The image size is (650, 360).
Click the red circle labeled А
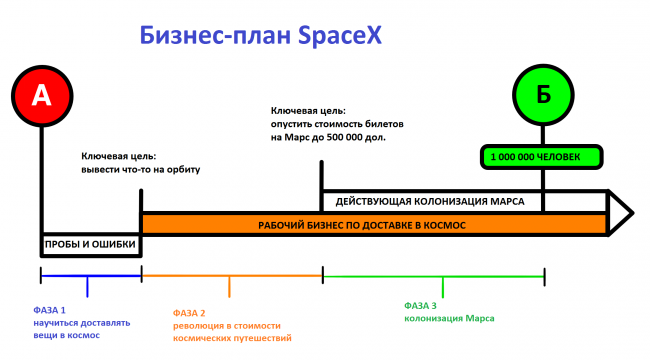coord(42,96)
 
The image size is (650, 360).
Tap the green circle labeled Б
coord(543,95)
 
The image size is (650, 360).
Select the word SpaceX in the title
coord(340,36)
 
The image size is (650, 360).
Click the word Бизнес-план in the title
coord(215,36)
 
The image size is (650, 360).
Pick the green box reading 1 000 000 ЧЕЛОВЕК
coord(541,157)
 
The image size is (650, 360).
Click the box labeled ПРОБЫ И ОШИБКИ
coord(91,244)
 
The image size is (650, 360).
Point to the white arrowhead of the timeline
coord(621,213)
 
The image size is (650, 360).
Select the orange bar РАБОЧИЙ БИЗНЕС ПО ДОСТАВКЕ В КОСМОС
coord(374,225)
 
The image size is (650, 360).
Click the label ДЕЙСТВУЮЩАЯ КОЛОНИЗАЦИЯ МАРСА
coord(430,202)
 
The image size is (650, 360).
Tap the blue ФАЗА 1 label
coord(49,310)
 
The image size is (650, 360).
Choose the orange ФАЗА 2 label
coord(189,313)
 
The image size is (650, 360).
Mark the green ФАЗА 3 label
coord(420,306)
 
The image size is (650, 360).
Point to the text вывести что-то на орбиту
coord(141,170)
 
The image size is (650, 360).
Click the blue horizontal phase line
coord(91,276)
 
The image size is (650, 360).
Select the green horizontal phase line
coord(434,276)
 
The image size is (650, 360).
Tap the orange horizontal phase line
coord(232,276)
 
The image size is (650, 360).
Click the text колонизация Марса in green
coord(449,319)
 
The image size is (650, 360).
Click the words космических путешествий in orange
coord(232,338)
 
